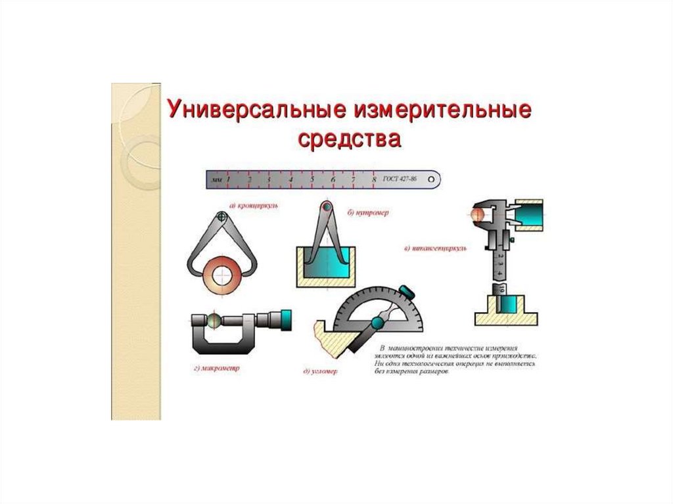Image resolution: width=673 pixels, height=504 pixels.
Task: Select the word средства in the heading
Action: tap(349, 139)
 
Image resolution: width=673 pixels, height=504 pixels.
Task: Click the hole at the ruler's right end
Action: tap(431, 178)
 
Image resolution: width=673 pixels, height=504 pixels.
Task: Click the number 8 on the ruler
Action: tap(374, 178)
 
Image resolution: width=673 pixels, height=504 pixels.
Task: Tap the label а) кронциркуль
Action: tap(254, 206)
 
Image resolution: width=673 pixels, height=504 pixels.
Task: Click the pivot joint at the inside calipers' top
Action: tap(325, 208)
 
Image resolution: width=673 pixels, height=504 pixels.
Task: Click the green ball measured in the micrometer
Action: tap(214, 320)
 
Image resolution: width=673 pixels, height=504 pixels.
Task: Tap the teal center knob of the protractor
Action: tap(378, 323)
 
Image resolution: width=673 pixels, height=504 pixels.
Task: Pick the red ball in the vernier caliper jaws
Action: tap(478, 215)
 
